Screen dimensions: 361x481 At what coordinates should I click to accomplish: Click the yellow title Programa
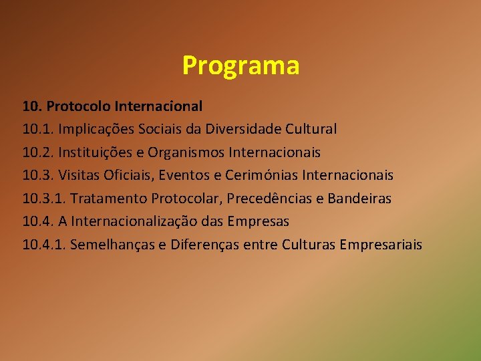tap(240, 66)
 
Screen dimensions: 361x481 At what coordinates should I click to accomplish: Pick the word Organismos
tap(190, 152)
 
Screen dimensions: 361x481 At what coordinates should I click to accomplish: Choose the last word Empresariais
tap(381, 245)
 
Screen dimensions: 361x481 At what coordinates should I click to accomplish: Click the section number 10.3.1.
tap(43, 199)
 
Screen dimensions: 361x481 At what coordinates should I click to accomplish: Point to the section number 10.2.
tap(37, 152)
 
